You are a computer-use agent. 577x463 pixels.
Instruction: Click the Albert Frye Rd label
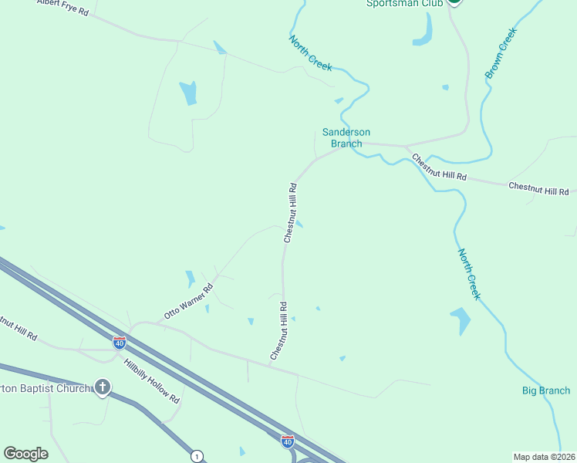63,8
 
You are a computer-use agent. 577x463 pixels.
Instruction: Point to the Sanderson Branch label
346,137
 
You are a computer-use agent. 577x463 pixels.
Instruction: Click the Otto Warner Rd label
188,302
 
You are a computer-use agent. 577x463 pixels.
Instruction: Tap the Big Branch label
545,391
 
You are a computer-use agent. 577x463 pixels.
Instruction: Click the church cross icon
102,387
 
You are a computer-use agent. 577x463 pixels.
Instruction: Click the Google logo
25,454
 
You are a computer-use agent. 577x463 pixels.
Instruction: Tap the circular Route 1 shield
197,456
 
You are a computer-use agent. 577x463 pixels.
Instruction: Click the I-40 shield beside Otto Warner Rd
120,342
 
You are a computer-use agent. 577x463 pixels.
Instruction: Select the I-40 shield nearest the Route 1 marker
287,441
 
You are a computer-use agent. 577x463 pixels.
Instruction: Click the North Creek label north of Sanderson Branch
311,53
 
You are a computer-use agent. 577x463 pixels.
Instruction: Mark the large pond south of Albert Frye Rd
188,93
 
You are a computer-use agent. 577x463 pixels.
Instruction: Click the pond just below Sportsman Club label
423,31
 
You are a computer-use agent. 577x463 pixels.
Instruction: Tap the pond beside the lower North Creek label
460,319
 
